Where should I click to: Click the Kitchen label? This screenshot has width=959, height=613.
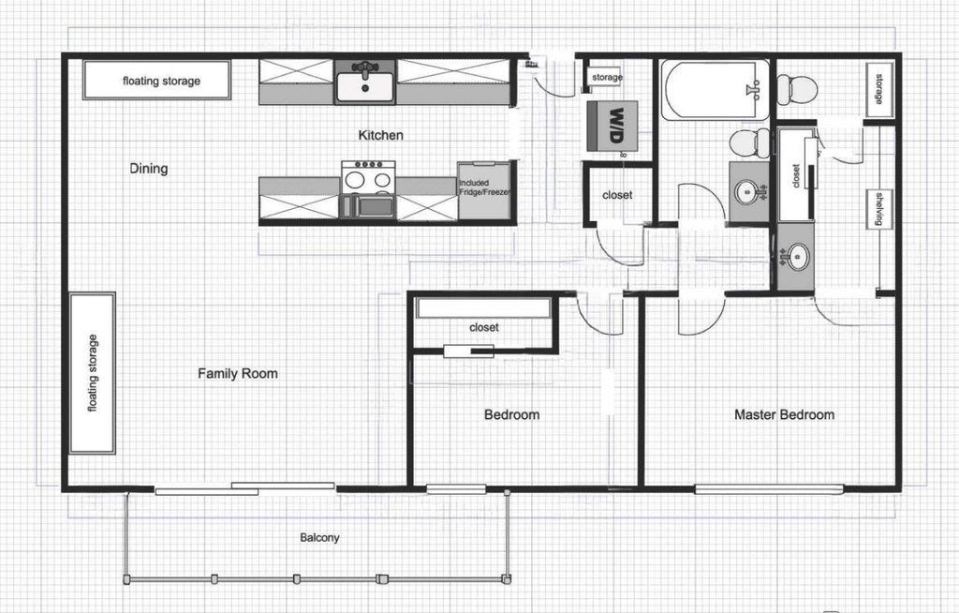pyautogui.click(x=381, y=136)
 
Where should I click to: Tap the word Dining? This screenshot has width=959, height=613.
pyautogui.click(x=149, y=169)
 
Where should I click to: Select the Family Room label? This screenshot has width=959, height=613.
pyautogui.click(x=238, y=373)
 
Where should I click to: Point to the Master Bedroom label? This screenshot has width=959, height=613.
pyautogui.click(x=784, y=414)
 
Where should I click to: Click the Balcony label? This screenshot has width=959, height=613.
pyautogui.click(x=319, y=538)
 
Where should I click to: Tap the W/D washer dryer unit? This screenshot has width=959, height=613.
pyautogui.click(x=613, y=125)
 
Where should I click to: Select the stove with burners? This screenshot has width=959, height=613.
pyautogui.click(x=368, y=177)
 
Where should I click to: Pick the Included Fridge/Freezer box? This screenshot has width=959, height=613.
pyautogui.click(x=485, y=190)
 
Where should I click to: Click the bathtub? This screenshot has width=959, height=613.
pyautogui.click(x=712, y=90)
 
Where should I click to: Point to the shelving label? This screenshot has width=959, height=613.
pyautogui.click(x=879, y=208)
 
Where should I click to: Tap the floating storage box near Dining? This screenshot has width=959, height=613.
pyautogui.click(x=158, y=81)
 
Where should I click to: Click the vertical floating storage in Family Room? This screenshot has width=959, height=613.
pyautogui.click(x=93, y=373)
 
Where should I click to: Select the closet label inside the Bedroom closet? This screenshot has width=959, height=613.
pyautogui.click(x=484, y=327)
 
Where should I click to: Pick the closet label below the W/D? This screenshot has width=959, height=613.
pyautogui.click(x=617, y=195)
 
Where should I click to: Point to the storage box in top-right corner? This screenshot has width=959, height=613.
pyautogui.click(x=880, y=90)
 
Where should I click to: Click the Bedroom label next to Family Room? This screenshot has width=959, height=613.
pyautogui.click(x=511, y=414)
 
